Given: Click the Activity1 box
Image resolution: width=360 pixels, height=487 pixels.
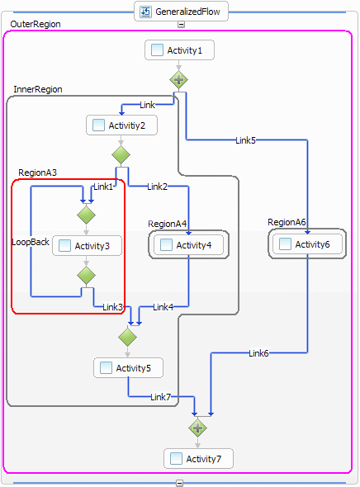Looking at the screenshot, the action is tap(179, 50).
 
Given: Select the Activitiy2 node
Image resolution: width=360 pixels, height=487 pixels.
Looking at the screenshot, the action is tap(121, 125).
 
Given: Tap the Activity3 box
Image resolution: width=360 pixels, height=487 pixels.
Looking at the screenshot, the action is tap(87, 246).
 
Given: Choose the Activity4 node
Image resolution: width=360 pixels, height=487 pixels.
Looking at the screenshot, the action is tap(188, 245).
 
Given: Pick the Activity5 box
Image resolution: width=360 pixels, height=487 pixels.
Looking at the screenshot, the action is tap(128, 368).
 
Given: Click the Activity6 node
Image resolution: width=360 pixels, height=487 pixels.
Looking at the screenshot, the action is tap(307, 244).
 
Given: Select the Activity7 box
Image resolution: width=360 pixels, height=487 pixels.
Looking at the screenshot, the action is tap(198, 458).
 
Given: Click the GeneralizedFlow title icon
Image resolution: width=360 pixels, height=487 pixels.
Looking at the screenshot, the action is tap(145, 12).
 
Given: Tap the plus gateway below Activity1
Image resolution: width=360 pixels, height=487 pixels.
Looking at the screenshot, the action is tap(178, 79).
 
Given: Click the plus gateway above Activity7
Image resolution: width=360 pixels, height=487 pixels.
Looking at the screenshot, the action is tap(197, 428).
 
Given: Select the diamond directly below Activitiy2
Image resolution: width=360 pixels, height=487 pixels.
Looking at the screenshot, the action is tap(121, 154).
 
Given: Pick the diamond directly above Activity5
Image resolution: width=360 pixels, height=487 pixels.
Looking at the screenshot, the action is tap(127, 337).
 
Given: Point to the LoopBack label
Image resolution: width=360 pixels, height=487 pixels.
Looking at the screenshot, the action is tap(31, 242).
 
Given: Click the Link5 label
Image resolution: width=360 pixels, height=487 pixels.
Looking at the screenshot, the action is tap(245, 140).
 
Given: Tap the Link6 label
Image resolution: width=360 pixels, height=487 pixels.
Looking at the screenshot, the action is tap(258, 353).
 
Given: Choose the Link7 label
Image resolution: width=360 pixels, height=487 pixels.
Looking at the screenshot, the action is tap(160, 397).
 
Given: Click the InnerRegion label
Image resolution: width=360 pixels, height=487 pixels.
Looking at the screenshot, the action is tap(38, 89).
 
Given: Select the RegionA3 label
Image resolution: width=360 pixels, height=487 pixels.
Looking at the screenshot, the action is tap(38, 173).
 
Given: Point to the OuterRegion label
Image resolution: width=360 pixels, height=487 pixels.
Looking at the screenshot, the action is tap(36, 24).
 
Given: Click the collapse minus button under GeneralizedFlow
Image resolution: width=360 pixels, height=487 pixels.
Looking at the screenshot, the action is tap(181, 24).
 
